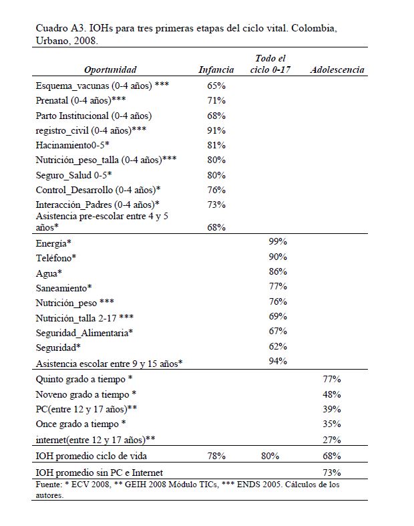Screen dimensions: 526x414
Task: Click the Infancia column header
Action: (x=216, y=70)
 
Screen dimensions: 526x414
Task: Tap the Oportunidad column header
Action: (x=111, y=70)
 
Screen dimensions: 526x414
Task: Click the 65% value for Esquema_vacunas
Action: (x=216, y=86)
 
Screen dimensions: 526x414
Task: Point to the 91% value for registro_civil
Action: (x=216, y=130)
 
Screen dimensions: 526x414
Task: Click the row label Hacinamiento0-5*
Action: (x=73, y=145)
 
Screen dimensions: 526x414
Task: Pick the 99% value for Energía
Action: (x=277, y=243)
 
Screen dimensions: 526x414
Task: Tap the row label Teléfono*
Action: (x=56, y=258)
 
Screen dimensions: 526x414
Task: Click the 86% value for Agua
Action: (x=277, y=272)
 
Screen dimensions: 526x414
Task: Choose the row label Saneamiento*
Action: (x=63, y=287)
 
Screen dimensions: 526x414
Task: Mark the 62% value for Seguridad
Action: (x=277, y=346)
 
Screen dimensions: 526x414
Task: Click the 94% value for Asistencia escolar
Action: (x=277, y=361)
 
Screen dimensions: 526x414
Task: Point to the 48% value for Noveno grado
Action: (x=332, y=394)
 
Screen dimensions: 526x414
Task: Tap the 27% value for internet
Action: (x=332, y=439)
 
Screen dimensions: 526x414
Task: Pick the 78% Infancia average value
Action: (x=216, y=456)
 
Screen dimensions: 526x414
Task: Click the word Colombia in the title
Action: (x=319, y=28)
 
